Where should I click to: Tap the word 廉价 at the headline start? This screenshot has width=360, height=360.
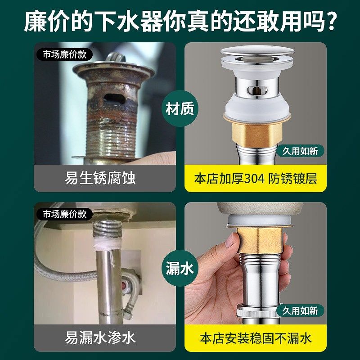[46, 22]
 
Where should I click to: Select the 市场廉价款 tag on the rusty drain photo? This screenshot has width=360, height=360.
[64, 55]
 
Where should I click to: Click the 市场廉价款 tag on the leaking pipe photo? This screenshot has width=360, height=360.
[64, 214]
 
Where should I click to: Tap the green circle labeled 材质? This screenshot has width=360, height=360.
[180, 109]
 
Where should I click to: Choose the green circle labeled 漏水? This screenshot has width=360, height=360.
[180, 269]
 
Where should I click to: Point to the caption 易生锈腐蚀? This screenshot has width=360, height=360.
[100, 178]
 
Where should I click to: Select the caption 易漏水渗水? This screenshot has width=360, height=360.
[100, 337]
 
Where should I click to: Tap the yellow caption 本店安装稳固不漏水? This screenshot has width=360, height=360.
[256, 337]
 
